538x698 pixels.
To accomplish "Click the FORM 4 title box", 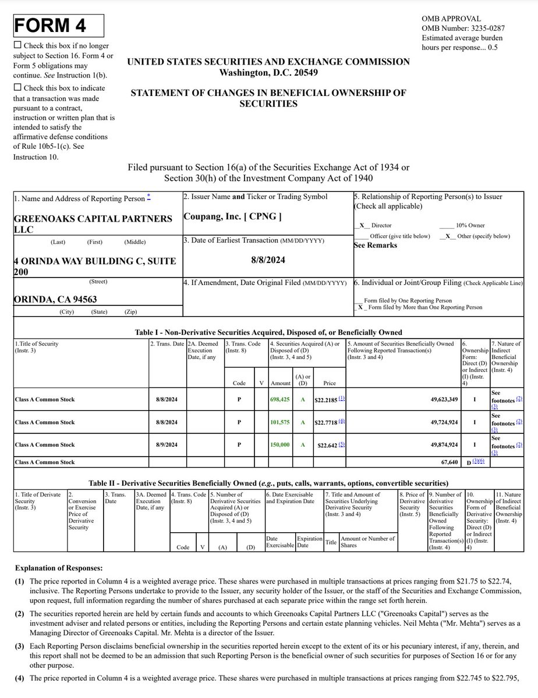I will (58, 26).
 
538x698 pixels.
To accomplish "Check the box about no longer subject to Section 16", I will (17, 45).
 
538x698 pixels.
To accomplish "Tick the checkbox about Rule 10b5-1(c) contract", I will (17, 88).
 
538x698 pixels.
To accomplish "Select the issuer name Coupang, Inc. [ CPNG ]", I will (232, 216).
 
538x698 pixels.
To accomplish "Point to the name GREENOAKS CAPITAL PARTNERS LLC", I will (93, 223).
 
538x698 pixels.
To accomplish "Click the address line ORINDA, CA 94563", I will (55, 299).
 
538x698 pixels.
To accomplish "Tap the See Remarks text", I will (376, 245).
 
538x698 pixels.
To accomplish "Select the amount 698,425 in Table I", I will (279, 400).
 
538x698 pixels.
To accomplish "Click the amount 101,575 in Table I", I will (279, 422).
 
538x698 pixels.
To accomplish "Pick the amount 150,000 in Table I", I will (279, 445).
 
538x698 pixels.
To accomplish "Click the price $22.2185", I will (326, 400).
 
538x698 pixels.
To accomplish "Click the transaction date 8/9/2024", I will (167, 445).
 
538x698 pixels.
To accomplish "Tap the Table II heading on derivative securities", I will (268, 483).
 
